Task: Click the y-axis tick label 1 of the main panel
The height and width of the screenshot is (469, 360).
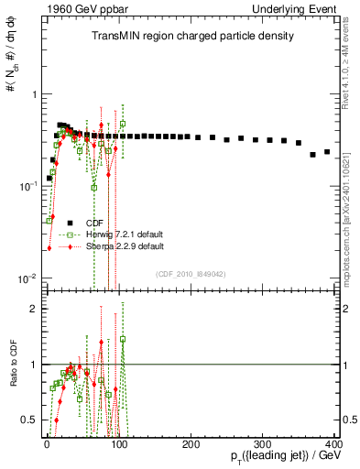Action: pyautogui.click(x=32, y=94)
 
